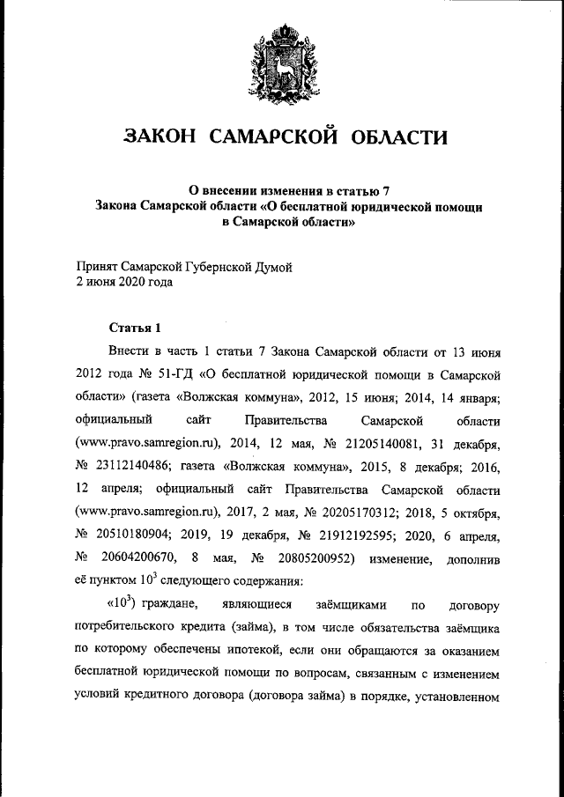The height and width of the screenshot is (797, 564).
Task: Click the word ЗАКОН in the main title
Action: (160, 137)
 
